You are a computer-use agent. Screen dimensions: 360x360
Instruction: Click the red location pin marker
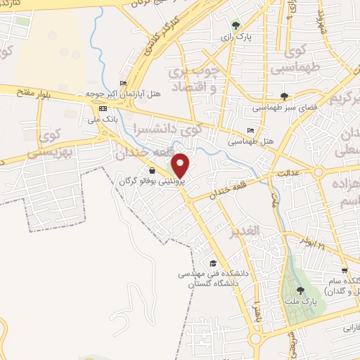pyautogui.click(x=181, y=166)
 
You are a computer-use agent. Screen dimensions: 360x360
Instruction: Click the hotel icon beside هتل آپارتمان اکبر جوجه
pyautogui.click(x=124, y=83)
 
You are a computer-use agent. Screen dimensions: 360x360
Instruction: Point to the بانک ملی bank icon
pyautogui.click(x=103, y=108)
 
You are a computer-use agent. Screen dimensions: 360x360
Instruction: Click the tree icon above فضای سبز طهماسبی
pyautogui.click(x=284, y=96)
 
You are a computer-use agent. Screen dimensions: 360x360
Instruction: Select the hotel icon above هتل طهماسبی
pyautogui.click(x=251, y=131)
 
